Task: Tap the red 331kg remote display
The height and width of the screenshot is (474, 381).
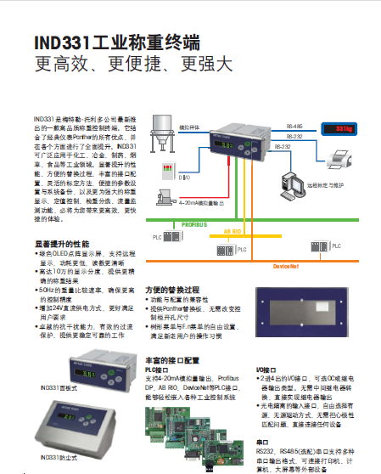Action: [339, 129]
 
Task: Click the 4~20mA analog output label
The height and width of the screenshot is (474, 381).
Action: [205, 205]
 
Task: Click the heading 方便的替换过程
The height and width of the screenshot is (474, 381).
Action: [176, 289]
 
